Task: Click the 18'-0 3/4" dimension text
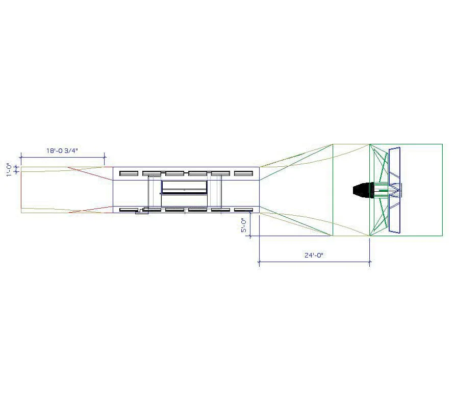pyautogui.click(x=62, y=150)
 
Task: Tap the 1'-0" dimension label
pyautogui.click(x=9, y=170)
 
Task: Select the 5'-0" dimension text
pyautogui.click(x=244, y=225)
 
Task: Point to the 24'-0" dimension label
pyautogui.click(x=314, y=255)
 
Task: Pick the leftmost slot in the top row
pyautogui.click(x=129, y=173)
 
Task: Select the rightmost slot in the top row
pyautogui.click(x=243, y=173)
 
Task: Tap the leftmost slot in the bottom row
pyautogui.click(x=129, y=210)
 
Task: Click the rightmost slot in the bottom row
pyautogui.click(x=243, y=210)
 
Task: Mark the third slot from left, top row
pyautogui.click(x=174, y=173)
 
